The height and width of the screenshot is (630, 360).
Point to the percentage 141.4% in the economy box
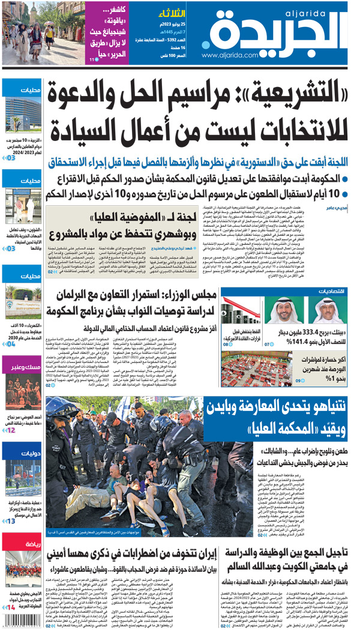290,343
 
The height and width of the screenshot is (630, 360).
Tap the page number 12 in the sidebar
11,430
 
